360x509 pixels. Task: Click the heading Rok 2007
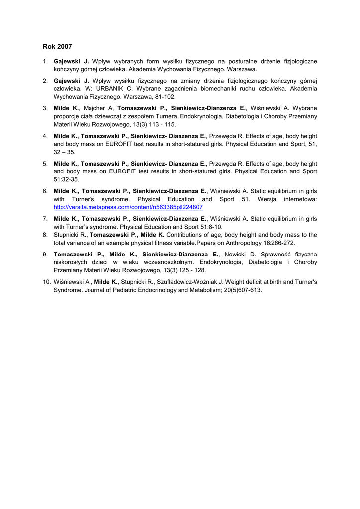tap(57, 47)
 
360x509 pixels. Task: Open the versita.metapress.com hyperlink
tap(128, 207)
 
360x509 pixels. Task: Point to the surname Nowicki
tap(237, 254)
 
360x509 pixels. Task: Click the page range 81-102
tap(164, 97)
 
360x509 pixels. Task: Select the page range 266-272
tap(281, 243)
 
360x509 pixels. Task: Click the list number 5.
tap(45, 163)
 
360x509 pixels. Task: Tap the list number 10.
tap(47, 282)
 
